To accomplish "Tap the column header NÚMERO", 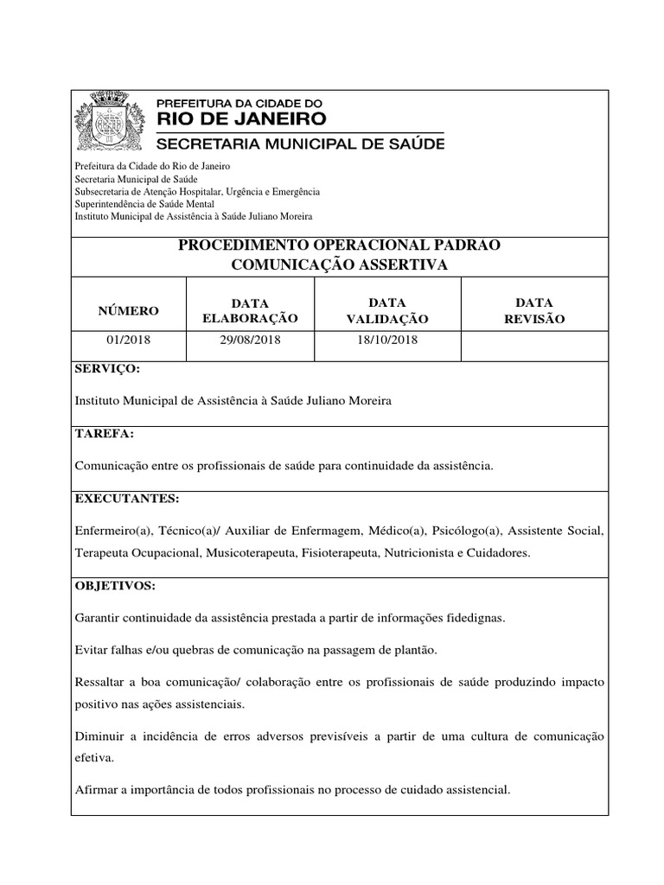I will pyautogui.click(x=128, y=310).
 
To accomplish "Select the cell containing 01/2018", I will pyautogui.click(x=128, y=341).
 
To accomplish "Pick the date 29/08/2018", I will pyautogui.click(x=250, y=341).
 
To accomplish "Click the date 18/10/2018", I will pyautogui.click(x=386, y=341).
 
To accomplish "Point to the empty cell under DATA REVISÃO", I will pyautogui.click(x=535, y=341).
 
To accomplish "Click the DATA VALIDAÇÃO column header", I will pyautogui.click(x=386, y=310).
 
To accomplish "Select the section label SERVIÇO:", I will pyautogui.click(x=106, y=370).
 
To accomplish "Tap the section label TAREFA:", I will pyautogui.click(x=104, y=434).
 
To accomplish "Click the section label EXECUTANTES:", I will pyautogui.click(x=127, y=499).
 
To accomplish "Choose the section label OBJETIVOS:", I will pyautogui.click(x=115, y=586).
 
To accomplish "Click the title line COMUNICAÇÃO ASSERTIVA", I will pyautogui.click(x=340, y=265).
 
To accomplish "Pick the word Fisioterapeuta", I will pyautogui.click(x=339, y=551).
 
